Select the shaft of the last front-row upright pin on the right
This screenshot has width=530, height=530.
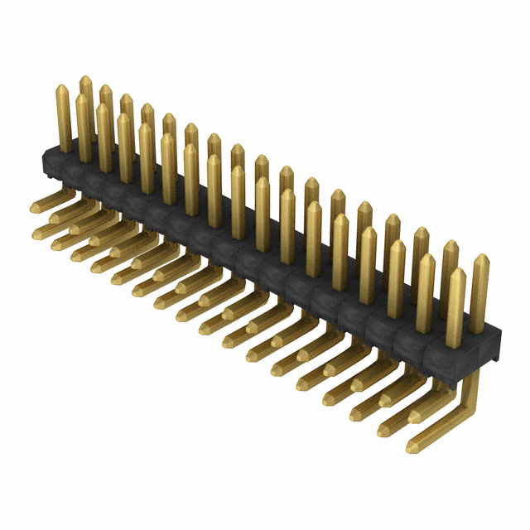coord(455,311)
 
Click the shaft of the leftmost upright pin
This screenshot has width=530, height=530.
coord(64,120)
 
